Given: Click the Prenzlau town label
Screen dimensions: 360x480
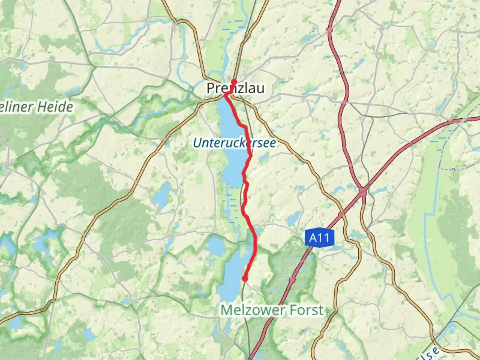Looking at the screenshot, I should point(235,88).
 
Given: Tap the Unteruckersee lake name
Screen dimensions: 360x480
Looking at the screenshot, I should point(234,143).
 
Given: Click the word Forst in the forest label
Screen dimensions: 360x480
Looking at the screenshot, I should point(306,310).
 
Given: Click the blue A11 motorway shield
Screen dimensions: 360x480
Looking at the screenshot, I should point(319,238).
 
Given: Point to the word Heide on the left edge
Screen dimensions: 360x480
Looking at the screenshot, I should point(55,107).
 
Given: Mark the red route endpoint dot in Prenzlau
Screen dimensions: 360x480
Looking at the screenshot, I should point(234,81).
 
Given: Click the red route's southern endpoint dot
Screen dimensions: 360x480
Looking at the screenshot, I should point(245,279).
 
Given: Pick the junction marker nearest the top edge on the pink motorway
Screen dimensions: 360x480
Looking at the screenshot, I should point(330,30).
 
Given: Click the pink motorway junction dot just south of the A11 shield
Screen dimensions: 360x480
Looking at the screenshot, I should point(292,280).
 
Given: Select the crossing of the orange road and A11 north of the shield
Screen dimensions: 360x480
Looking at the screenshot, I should point(341,213).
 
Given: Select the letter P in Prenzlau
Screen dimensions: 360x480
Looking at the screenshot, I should point(211,88).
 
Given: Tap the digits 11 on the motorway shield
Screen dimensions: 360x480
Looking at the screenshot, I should point(324,238).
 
